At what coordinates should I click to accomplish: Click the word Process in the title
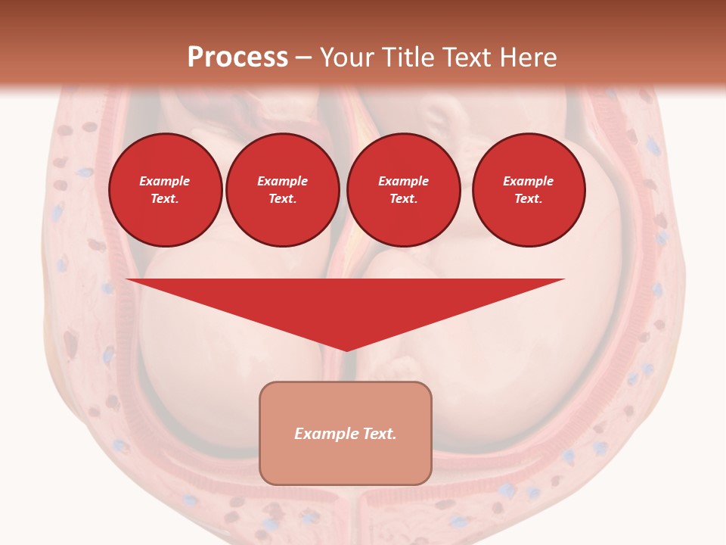237,58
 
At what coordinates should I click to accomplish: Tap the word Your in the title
349,58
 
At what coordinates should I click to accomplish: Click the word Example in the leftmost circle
165,181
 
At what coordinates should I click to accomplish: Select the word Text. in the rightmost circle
529,198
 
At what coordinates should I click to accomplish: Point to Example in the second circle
282,181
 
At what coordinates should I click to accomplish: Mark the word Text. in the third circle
403,198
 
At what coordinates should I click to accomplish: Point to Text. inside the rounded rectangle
380,434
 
